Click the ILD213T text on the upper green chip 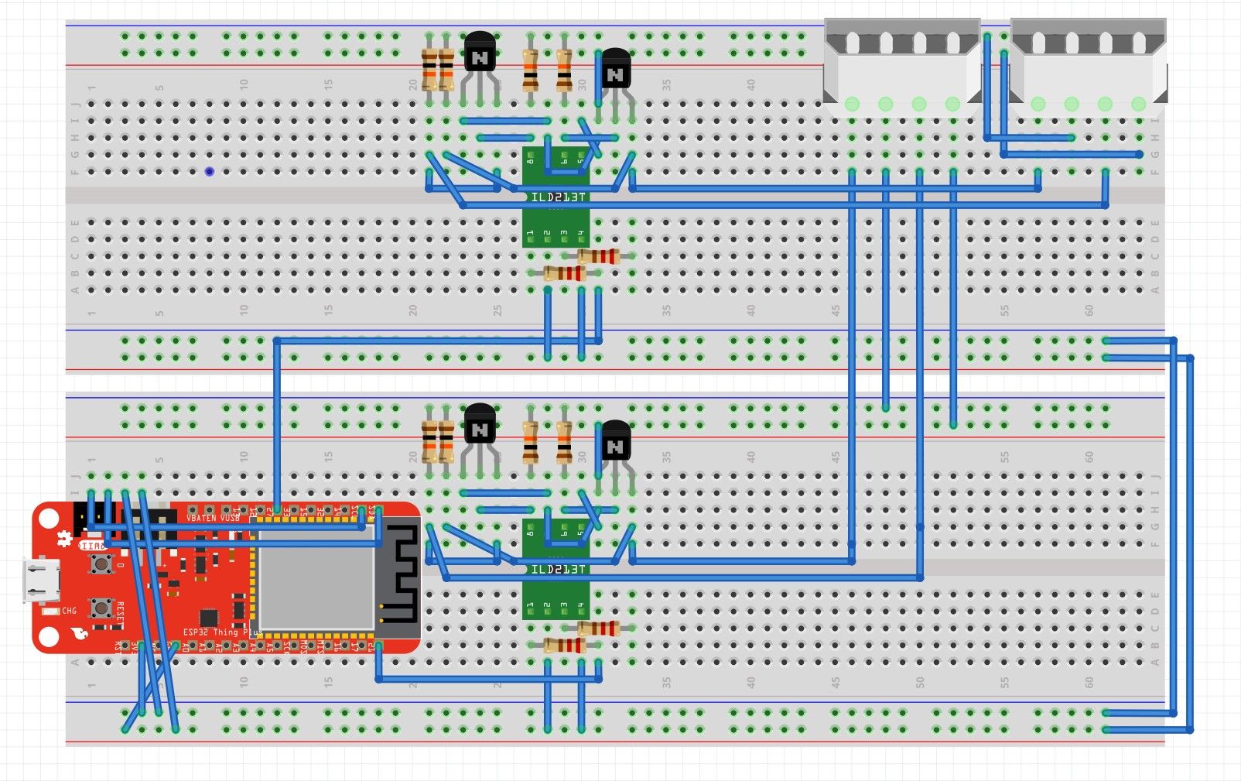558,197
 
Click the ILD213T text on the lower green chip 558,570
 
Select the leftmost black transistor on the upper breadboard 480,53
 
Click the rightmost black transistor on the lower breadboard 616,442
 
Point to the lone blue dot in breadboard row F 209,171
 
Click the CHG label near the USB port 69,611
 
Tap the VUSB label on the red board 231,517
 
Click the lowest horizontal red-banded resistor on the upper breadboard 564,272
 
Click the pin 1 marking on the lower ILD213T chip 530,605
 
